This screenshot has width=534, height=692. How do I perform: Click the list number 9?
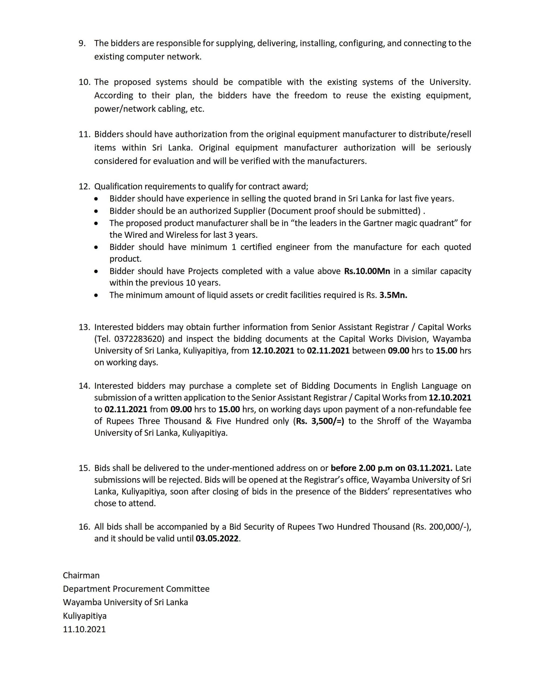click(82, 43)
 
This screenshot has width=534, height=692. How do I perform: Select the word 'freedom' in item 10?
click(310, 95)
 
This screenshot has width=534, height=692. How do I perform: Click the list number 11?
click(85, 134)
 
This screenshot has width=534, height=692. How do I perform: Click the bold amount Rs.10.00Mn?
click(367, 271)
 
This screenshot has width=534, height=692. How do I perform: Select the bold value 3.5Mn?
click(393, 295)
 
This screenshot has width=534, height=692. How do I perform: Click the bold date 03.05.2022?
click(217, 539)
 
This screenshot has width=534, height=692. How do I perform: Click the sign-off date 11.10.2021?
click(84, 629)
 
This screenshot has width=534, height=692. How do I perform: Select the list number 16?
click(85, 527)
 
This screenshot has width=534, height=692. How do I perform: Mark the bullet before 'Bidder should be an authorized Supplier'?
click(96, 211)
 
